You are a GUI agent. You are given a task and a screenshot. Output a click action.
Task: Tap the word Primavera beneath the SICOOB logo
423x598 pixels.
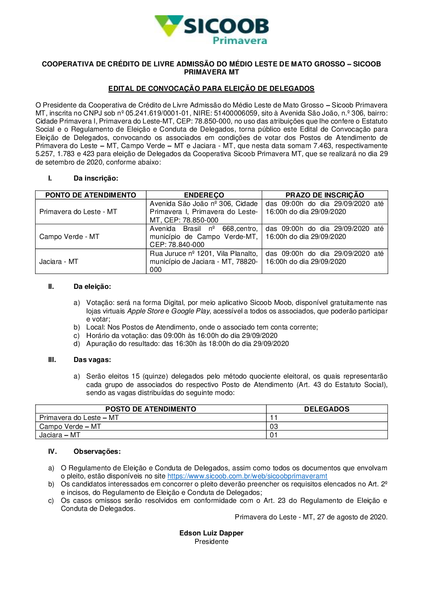point(239,41)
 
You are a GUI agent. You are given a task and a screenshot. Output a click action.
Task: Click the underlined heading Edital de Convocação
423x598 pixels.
point(211,89)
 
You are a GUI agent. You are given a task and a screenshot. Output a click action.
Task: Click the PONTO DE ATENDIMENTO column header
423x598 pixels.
point(91,195)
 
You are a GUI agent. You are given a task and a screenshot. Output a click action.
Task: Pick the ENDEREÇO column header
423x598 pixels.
point(204,195)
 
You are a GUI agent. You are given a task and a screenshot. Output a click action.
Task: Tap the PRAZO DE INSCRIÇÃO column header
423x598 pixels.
point(324,195)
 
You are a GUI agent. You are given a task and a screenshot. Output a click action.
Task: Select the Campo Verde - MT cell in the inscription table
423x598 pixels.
point(69,237)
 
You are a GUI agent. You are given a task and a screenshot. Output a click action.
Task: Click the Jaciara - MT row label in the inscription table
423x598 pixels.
point(59,262)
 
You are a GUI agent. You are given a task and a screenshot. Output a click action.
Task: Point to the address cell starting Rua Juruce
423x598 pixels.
point(203,261)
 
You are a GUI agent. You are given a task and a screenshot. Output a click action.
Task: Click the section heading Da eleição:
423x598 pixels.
point(92,287)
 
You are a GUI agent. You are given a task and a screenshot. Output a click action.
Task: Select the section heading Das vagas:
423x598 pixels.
point(92,360)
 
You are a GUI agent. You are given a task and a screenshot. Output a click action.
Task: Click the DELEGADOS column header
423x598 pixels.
point(327,409)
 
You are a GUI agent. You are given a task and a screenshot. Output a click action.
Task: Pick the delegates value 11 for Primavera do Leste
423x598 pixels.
point(274,418)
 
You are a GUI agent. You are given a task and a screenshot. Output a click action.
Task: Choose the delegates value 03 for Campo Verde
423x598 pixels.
point(274,427)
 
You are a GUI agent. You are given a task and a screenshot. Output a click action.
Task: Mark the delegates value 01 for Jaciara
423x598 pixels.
point(274,435)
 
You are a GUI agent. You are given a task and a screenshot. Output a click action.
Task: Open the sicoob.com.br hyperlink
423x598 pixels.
point(247,476)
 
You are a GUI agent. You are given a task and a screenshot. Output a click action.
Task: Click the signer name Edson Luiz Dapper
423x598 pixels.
point(211,533)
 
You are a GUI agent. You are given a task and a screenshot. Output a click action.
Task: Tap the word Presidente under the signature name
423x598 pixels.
point(211,542)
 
